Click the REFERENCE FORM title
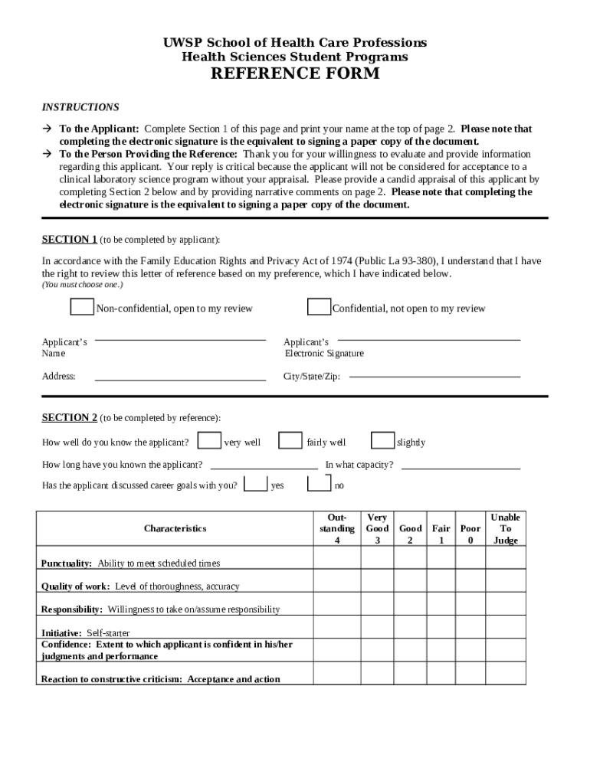click(x=295, y=73)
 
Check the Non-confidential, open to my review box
click(x=82, y=307)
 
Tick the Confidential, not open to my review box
click(x=319, y=307)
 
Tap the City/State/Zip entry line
click(x=434, y=376)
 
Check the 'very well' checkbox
click(x=209, y=441)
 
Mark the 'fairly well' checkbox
click(x=290, y=441)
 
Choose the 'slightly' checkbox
click(x=382, y=441)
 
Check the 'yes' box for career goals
click(x=255, y=484)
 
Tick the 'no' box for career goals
click(x=319, y=484)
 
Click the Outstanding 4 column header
click(x=336, y=528)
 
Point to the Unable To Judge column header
click(x=505, y=528)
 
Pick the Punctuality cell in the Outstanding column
click(x=336, y=558)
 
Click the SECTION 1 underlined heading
click(x=69, y=239)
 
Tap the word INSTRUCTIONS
click(x=80, y=107)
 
